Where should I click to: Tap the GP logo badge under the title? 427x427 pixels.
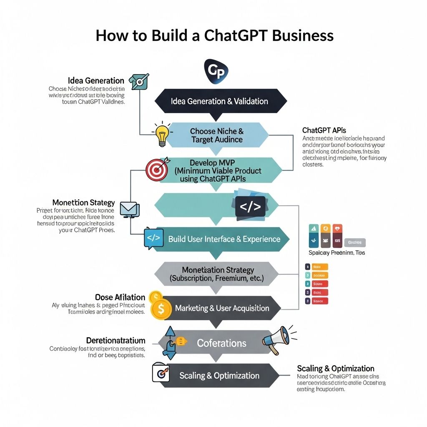point(215,71)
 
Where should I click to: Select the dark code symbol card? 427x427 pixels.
point(250,206)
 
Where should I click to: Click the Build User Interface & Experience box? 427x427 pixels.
point(224,239)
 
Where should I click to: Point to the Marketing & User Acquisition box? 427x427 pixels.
point(222,308)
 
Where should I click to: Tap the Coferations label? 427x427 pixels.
point(221,343)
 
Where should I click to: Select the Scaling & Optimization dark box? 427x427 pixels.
point(219,376)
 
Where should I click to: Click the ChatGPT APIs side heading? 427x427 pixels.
point(324,131)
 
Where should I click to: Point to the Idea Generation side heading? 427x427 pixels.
point(96,80)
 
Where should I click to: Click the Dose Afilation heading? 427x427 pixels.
point(120,297)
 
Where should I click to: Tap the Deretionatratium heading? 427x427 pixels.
point(116,340)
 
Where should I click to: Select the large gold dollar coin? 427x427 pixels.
point(161,310)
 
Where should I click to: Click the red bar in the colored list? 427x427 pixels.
point(319,292)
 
